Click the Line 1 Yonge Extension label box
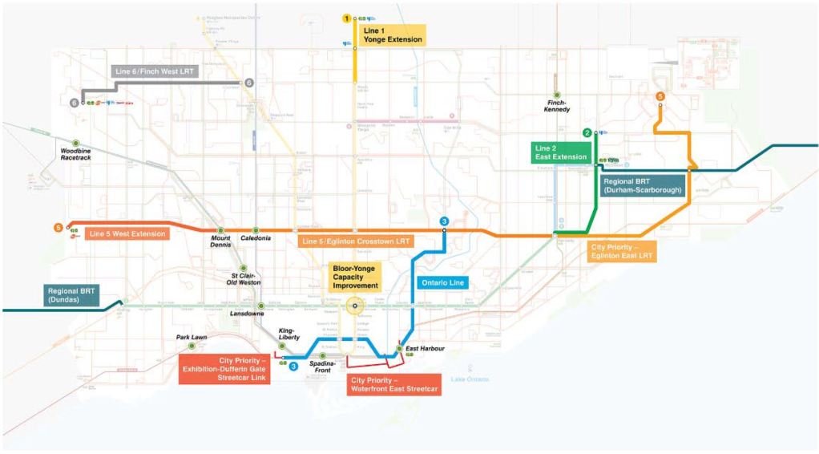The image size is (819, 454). [392, 34]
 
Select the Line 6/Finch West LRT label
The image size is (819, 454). [155, 71]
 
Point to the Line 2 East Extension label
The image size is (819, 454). [562, 152]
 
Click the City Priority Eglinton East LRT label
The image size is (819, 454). [622, 251]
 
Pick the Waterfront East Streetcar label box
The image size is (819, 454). [394, 384]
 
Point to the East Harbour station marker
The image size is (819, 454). [398, 348]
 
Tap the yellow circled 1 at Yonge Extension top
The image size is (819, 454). [347, 18]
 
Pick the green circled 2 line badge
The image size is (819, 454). [587, 132]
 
